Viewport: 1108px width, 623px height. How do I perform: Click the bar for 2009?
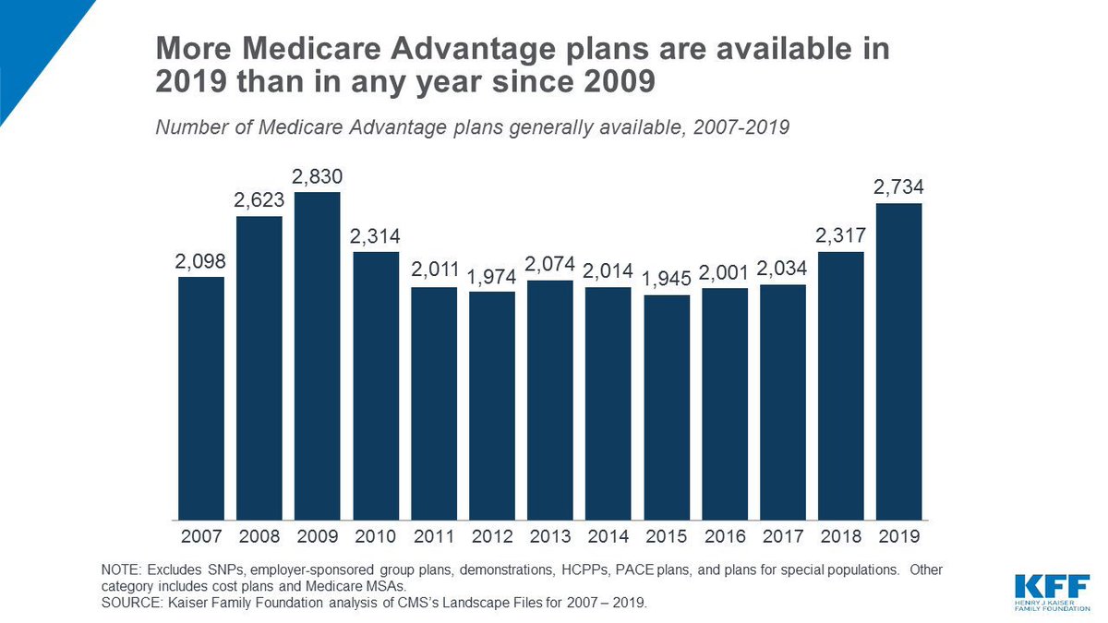pyautogui.click(x=318, y=355)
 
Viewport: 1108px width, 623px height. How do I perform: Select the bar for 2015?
pyautogui.click(x=667, y=407)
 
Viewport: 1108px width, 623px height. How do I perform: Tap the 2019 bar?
pyautogui.click(x=899, y=361)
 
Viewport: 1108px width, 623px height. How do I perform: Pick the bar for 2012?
pyautogui.click(x=492, y=405)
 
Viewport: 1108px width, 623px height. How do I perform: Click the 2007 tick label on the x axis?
pyautogui.click(x=201, y=535)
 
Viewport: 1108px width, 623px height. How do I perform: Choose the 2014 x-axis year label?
pyautogui.click(x=608, y=535)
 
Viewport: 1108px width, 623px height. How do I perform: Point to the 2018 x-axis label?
pyautogui.click(x=841, y=535)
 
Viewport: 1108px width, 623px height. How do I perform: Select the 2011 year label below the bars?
pyautogui.click(x=434, y=535)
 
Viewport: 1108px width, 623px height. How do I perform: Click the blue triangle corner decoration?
pyautogui.click(x=32, y=37)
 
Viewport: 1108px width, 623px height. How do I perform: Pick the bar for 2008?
pyautogui.click(x=259, y=367)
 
